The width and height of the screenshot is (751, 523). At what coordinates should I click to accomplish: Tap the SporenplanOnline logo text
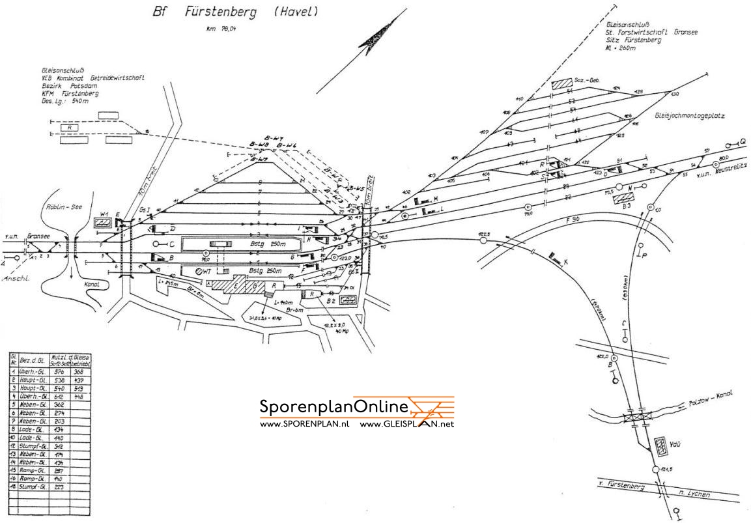[333, 407]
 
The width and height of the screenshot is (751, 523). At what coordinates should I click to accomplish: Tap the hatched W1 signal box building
[102, 223]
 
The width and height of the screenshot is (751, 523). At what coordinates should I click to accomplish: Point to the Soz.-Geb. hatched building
[560, 83]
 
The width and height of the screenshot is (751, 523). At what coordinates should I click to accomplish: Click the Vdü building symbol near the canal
[662, 445]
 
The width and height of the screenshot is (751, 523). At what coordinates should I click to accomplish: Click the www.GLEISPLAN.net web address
[406, 424]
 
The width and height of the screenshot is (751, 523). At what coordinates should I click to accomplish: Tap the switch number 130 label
[674, 94]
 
